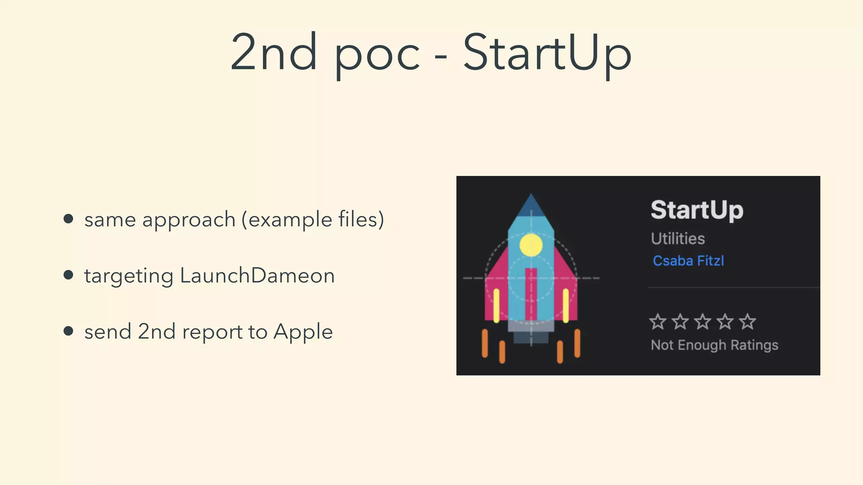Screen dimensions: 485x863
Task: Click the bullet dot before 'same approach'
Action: click(x=68, y=219)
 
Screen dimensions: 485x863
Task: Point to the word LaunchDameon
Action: click(x=257, y=276)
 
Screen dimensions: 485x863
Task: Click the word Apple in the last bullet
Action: click(x=303, y=332)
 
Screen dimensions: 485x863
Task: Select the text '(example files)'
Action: click(x=313, y=219)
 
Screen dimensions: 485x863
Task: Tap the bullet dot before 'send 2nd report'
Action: click(x=68, y=331)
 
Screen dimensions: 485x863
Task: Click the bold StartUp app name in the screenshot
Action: click(x=697, y=210)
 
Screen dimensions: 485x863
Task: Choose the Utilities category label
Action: click(x=678, y=239)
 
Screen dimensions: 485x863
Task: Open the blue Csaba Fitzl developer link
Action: click(x=688, y=261)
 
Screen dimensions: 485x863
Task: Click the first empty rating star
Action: click(x=658, y=322)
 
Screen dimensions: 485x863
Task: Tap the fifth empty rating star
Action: click(x=748, y=322)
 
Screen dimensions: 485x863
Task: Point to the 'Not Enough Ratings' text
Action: click(x=714, y=345)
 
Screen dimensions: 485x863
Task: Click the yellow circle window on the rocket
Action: click(x=531, y=245)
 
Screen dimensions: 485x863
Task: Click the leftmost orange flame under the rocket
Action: click(x=485, y=343)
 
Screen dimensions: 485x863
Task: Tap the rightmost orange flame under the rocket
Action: click(x=577, y=343)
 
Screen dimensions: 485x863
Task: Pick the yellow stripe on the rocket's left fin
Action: click(x=496, y=305)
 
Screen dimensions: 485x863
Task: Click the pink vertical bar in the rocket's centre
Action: click(x=531, y=295)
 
